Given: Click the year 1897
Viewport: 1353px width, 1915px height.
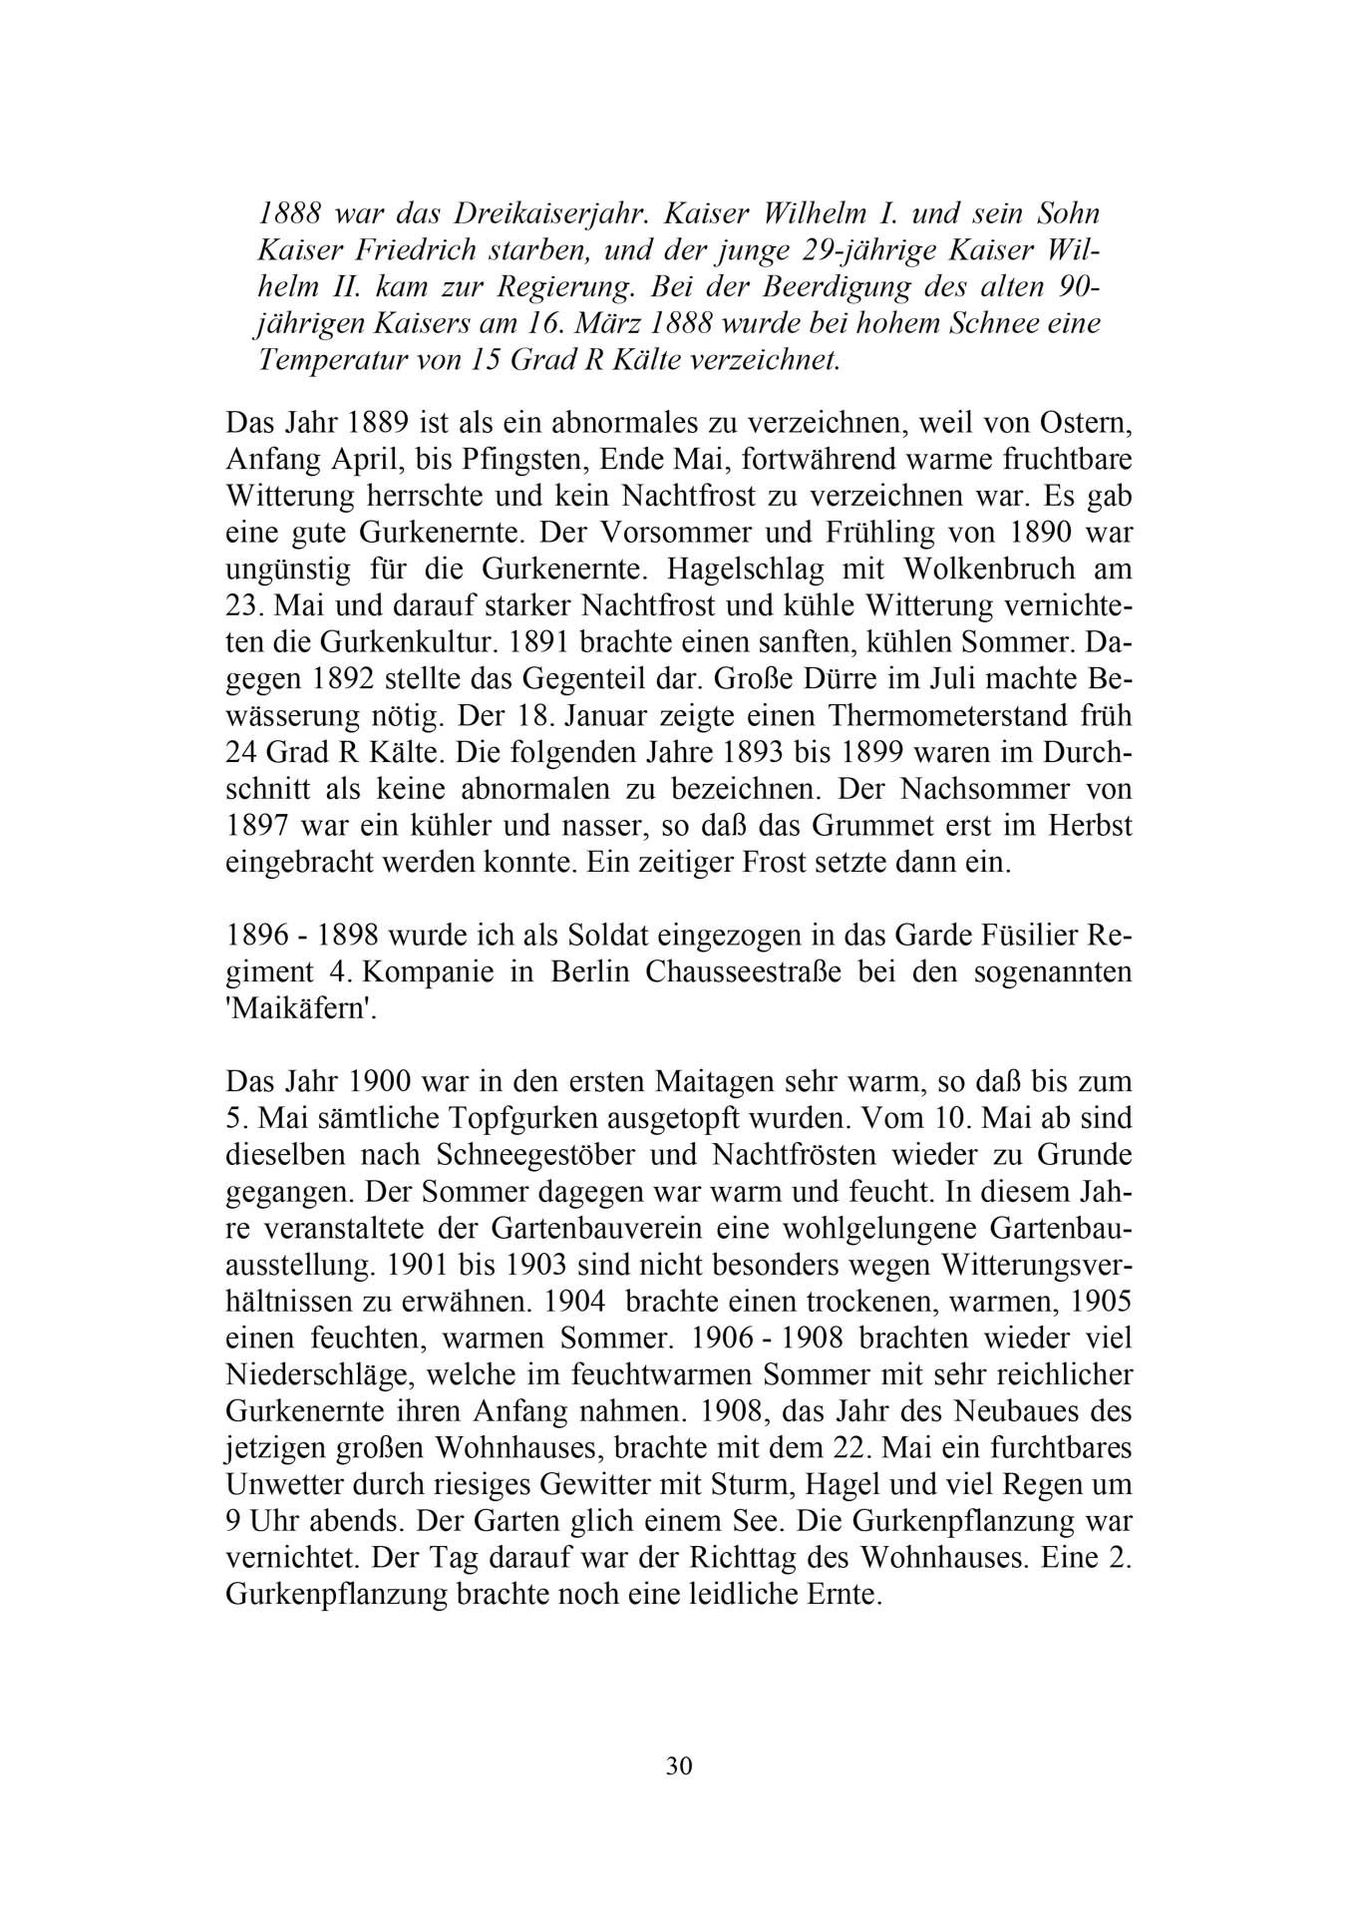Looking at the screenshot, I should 260,825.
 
